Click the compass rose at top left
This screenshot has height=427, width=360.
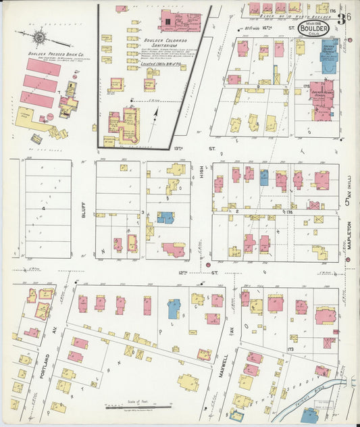[39, 37]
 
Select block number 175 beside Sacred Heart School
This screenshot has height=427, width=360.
[306, 86]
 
